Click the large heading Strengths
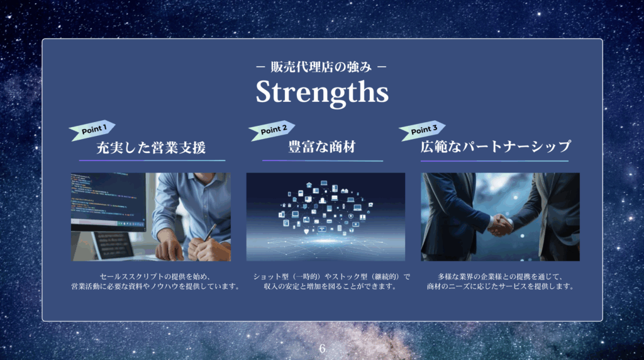pyautogui.click(x=322, y=92)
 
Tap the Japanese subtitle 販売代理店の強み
pyautogui.click(x=321, y=67)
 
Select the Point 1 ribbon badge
pyautogui.click(x=92, y=130)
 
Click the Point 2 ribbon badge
pyautogui.click(x=272, y=130)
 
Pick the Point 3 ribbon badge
pyautogui.click(x=422, y=130)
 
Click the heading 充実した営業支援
pyautogui.click(x=151, y=147)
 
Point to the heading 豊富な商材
pyautogui.click(x=321, y=147)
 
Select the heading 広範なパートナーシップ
pyautogui.click(x=496, y=147)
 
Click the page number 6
pyautogui.click(x=322, y=349)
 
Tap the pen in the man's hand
pyautogui.click(x=210, y=232)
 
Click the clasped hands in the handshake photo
pyautogui.click(x=501, y=225)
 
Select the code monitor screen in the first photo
pyautogui.click(x=108, y=200)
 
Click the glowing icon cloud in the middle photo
pyautogui.click(x=325, y=208)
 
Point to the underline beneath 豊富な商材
pyautogui.click(x=323, y=160)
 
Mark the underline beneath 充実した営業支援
pyautogui.click(x=152, y=160)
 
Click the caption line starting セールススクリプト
pyautogui.click(x=155, y=276)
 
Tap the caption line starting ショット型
pyautogui.click(x=332, y=276)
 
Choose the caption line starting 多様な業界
pyautogui.click(x=500, y=276)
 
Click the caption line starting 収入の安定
pyautogui.click(x=330, y=286)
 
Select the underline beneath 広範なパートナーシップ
pyautogui.click(x=494, y=160)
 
